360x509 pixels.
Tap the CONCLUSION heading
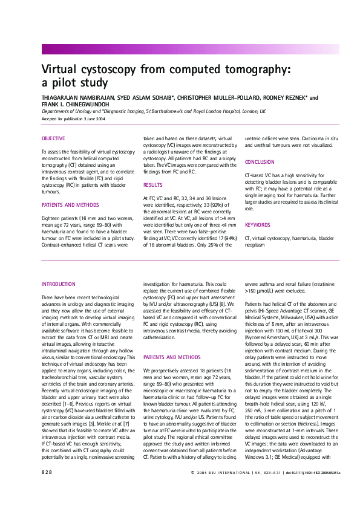click(259, 162)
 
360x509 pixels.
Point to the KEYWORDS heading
click(258, 224)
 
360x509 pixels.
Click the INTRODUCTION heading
click(58, 284)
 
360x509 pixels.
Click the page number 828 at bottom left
click(48, 489)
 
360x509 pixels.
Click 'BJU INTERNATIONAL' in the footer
click(226, 489)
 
